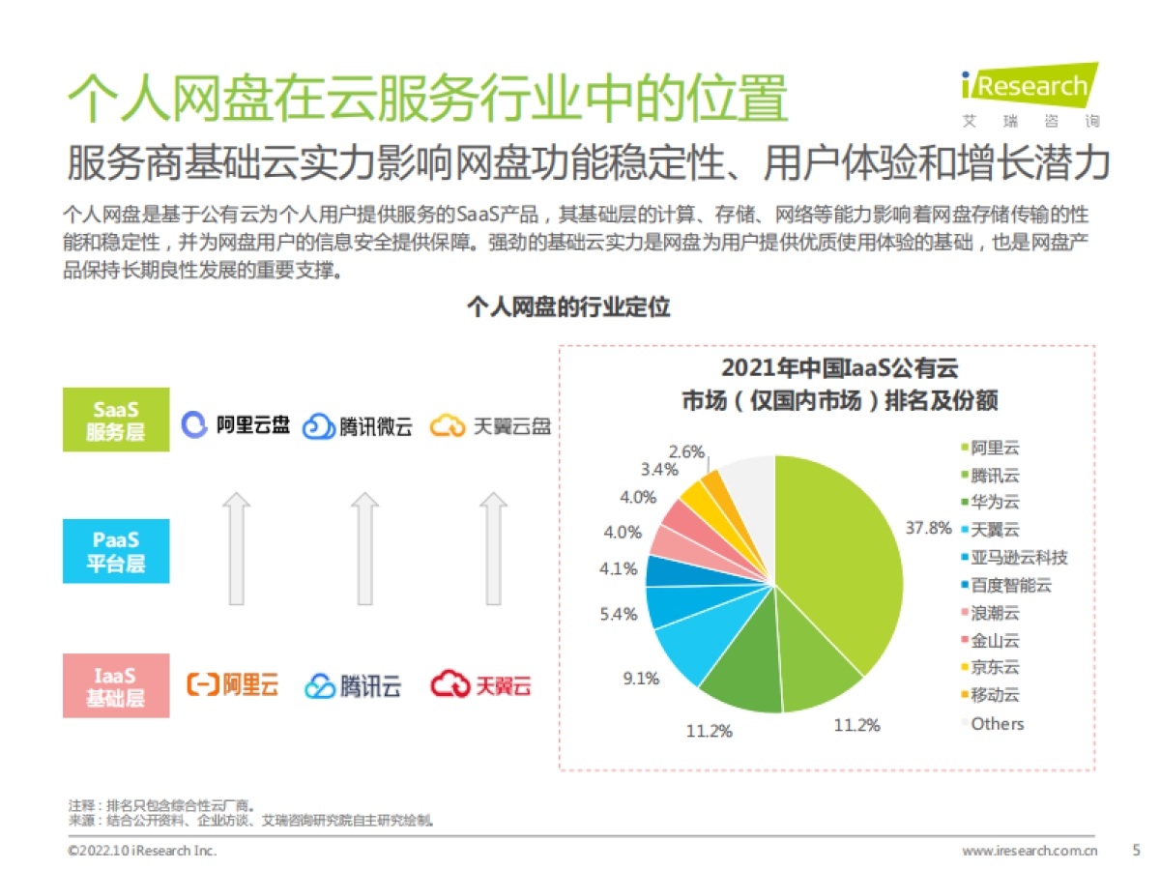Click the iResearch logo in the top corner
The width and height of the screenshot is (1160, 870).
coord(1030,95)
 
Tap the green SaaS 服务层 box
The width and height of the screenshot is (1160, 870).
coord(116,420)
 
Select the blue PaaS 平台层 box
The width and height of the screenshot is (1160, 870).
coord(116,551)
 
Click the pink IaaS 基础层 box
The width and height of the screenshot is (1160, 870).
coord(116,685)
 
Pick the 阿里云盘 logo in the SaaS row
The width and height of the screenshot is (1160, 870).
coord(237,424)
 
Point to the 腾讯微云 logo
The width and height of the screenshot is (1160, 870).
coord(357,426)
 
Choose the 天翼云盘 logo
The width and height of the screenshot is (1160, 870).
coord(490,425)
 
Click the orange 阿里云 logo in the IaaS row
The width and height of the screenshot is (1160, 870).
coord(232,685)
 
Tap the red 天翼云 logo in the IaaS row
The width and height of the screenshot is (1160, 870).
coord(480,685)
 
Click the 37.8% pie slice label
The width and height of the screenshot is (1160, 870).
coord(928,528)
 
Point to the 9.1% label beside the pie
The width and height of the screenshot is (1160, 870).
coord(640,679)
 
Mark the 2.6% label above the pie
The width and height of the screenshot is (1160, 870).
coord(686,451)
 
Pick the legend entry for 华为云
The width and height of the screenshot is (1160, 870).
coord(994,502)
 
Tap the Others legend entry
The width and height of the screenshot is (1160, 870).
coord(996,723)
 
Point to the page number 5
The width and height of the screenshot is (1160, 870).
coord(1136,850)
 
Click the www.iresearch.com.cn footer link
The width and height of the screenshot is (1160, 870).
coord(1029,851)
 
